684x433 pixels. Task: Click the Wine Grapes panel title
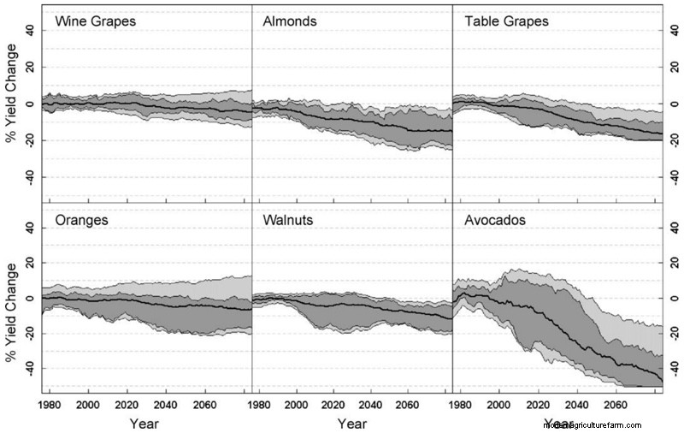[95, 21]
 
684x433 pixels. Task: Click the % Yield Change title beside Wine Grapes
[11, 103]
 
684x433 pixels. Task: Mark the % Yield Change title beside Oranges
[11, 300]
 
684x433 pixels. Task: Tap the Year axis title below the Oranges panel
[146, 423]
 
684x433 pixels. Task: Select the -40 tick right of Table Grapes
[671, 175]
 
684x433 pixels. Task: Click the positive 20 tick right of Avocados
[671, 263]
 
